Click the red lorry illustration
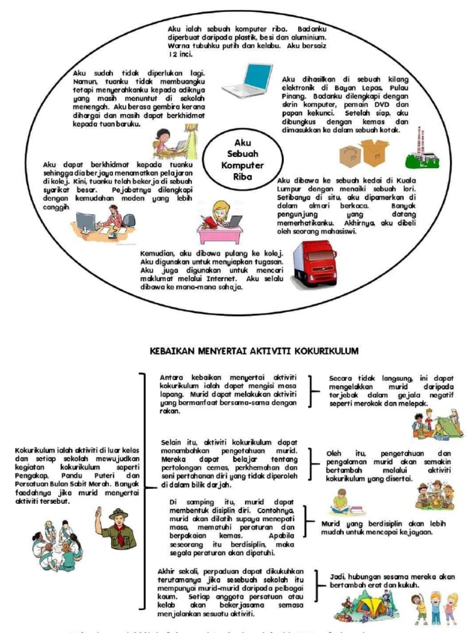click(x=314, y=263)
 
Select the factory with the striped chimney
click(x=422, y=150)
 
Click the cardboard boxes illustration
click(x=364, y=153)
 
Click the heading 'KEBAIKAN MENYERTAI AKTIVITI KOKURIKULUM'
click(x=254, y=350)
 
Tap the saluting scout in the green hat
click(x=115, y=530)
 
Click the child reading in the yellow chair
click(x=340, y=503)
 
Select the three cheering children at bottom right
click(x=435, y=607)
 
